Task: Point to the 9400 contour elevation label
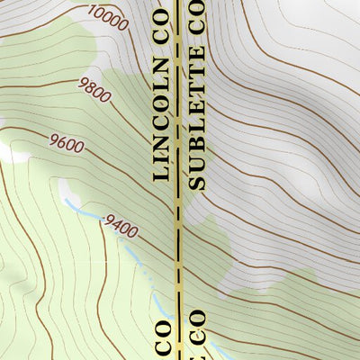pyautogui.click(x=121, y=226)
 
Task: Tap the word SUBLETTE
pyautogui.click(x=198, y=129)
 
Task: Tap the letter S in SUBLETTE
pyautogui.click(x=198, y=181)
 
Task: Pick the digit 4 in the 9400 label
pyautogui.click(x=116, y=223)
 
